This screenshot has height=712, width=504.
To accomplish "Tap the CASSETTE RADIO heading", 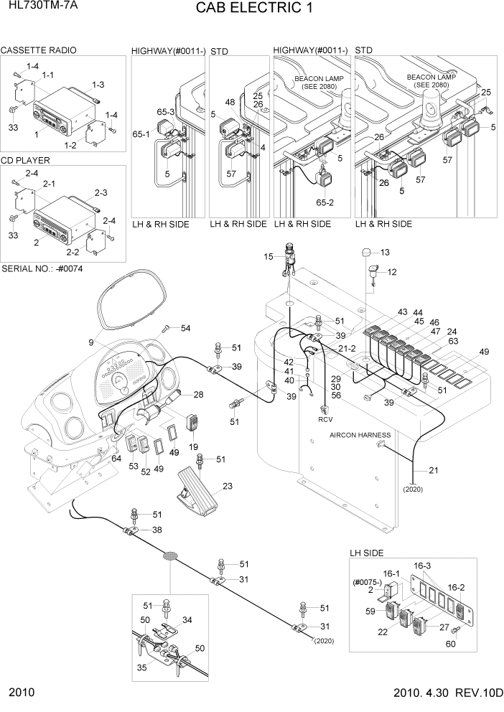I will click(x=39, y=50).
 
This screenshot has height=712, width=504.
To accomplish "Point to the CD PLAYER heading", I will click(x=26, y=161).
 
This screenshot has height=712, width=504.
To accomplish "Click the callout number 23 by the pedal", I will click(x=228, y=486).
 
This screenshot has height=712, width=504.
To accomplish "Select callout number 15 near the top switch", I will click(x=269, y=256).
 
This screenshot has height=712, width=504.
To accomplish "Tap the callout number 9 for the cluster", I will click(x=91, y=342).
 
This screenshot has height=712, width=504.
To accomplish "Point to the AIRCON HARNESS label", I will click(x=360, y=435).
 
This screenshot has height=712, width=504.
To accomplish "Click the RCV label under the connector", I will click(x=325, y=418).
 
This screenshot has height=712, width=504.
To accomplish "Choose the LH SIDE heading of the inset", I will click(x=367, y=553).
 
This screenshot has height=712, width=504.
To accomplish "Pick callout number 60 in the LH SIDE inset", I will click(x=452, y=645).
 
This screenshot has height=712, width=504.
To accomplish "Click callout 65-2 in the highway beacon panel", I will click(x=326, y=203).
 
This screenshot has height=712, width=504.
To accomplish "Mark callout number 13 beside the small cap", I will click(x=384, y=252).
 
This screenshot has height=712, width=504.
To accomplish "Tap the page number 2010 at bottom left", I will click(x=22, y=695).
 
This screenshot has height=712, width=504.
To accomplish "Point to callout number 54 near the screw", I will click(x=185, y=328).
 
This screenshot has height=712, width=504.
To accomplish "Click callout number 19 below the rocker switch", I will click(x=194, y=446).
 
